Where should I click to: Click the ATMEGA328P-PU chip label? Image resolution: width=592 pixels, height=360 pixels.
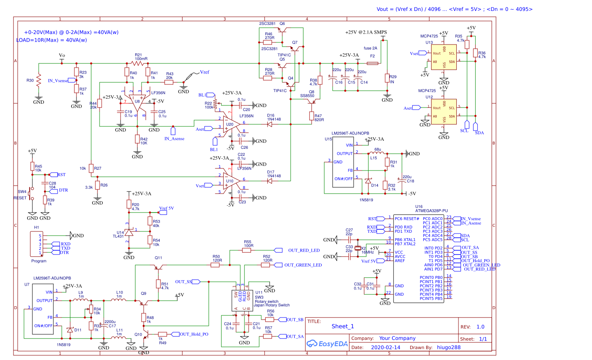pos(431,210)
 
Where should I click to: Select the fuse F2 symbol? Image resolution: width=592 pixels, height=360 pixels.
pos(372,63)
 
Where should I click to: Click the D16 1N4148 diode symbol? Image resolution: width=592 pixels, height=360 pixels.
pos(270,124)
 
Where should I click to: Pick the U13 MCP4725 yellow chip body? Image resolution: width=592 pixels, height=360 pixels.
pos(444,58)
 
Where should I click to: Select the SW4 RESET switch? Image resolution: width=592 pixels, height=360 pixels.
pos(30,194)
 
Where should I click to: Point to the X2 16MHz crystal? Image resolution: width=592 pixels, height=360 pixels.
pos(358,248)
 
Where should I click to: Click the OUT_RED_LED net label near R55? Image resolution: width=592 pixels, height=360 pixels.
pos(304,250)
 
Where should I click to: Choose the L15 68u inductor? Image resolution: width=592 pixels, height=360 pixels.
pos(377,153)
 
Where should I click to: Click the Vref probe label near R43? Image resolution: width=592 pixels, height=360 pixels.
pos(204,72)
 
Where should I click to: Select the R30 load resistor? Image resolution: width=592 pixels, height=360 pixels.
pos(39,80)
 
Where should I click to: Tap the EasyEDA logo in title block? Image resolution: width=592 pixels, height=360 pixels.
pos(327,344)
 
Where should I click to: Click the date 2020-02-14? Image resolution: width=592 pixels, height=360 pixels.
pos(385,347)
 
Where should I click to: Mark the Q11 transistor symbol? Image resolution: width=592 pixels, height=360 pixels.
pos(158,267)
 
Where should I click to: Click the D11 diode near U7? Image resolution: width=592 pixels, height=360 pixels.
pos(70,330)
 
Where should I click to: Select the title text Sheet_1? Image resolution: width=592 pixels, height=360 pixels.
pos(343,326)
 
